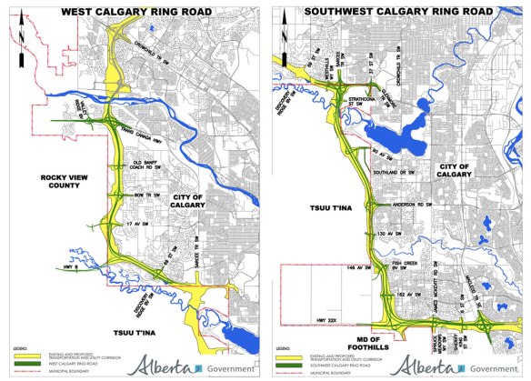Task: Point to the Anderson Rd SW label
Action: pyautogui.click(x=407, y=205)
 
